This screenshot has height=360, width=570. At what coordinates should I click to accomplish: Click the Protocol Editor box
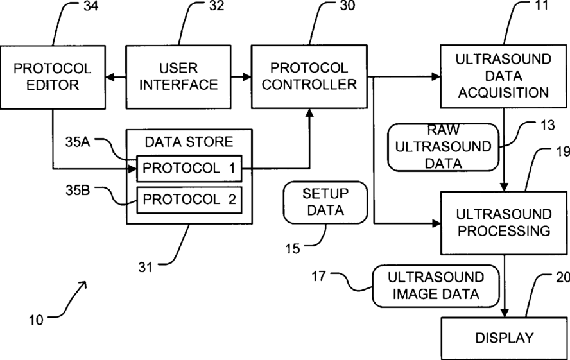click(53, 76)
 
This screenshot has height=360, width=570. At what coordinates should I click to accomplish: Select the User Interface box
click(178, 76)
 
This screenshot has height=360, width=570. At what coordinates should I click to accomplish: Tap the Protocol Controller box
click(309, 76)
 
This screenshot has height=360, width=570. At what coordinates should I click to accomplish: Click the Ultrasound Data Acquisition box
click(504, 76)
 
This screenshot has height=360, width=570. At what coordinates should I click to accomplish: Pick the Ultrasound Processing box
click(504, 222)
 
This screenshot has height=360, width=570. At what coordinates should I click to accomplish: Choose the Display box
click(504, 338)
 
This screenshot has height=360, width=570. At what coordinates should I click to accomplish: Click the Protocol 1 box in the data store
click(189, 168)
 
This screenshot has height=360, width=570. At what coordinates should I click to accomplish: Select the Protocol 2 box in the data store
click(189, 199)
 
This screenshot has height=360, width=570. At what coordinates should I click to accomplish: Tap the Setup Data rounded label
click(325, 202)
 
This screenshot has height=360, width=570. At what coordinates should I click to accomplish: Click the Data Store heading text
click(189, 141)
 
